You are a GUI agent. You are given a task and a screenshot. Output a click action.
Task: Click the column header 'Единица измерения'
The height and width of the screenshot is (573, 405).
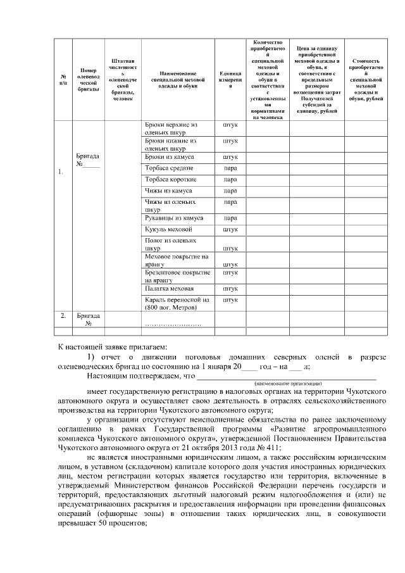(x=230, y=79)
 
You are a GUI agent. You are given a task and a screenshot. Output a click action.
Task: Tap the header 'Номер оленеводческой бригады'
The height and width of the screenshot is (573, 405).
(x=89, y=79)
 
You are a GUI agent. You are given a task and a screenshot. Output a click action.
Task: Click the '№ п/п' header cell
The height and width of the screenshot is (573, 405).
(x=63, y=79)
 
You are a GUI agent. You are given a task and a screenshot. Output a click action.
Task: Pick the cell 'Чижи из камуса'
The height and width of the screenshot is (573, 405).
(x=168, y=191)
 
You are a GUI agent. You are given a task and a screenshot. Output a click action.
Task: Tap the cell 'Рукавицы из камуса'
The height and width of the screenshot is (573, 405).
(x=174, y=218)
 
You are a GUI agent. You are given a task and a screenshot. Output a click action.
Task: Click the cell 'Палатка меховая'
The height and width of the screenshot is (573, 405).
(x=169, y=288)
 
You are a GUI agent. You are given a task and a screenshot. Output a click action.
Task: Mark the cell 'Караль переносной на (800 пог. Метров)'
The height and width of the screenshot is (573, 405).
(x=177, y=303)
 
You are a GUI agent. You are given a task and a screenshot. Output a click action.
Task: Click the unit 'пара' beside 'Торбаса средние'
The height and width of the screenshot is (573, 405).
(x=230, y=168)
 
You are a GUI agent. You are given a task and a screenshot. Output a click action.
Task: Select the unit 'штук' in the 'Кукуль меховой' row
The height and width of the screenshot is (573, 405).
(x=230, y=229)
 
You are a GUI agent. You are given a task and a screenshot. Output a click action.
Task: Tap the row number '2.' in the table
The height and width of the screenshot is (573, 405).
(x=63, y=315)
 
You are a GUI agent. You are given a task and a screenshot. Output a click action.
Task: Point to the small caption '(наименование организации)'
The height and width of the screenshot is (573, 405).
(x=288, y=384)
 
